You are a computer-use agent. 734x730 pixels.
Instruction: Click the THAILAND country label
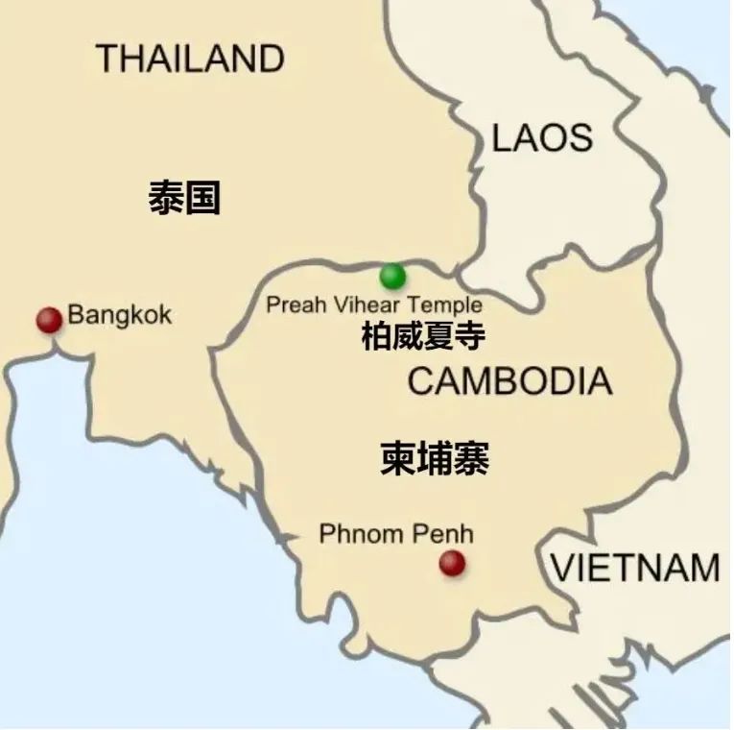pyautogui.click(x=190, y=59)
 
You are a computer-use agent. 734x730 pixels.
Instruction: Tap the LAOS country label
pyautogui.click(x=542, y=138)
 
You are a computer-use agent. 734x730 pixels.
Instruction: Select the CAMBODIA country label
pyautogui.click(x=509, y=381)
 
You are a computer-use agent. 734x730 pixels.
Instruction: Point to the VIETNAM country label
pyautogui.click(x=635, y=568)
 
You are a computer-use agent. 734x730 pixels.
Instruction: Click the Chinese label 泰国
pyautogui.click(x=184, y=198)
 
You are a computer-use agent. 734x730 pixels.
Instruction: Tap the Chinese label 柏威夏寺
pyautogui.click(x=423, y=336)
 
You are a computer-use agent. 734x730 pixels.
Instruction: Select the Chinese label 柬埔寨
pyautogui.click(x=435, y=459)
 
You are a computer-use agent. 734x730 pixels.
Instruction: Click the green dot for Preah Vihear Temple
pyautogui.click(x=392, y=277)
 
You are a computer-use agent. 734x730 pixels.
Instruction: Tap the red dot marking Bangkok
pyautogui.click(x=49, y=320)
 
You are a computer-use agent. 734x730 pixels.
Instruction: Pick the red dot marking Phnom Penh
pyautogui.click(x=452, y=563)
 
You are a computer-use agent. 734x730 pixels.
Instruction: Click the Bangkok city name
pyautogui.click(x=120, y=315)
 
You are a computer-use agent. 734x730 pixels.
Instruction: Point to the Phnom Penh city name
pyautogui.click(x=396, y=534)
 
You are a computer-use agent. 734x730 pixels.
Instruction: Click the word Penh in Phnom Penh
pyautogui.click(x=446, y=534)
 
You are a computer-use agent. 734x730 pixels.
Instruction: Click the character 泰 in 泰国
pyautogui.click(x=166, y=198)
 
